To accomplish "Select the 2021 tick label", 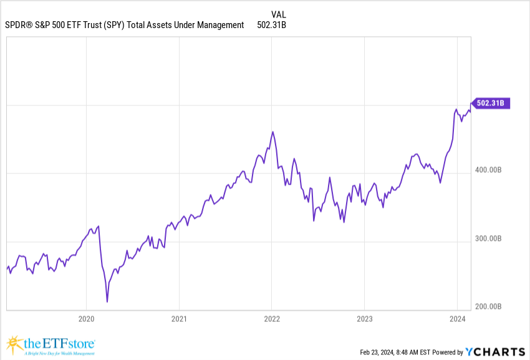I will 179,319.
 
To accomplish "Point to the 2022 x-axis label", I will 272,319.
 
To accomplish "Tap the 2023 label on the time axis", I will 365,319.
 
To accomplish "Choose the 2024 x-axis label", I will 458,319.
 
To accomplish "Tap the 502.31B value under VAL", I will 271,26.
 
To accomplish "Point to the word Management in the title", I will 217,26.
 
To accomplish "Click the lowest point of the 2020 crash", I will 107,302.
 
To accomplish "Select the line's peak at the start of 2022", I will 272,132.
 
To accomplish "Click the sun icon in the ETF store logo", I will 13,343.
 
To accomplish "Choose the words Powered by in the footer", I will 447,352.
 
